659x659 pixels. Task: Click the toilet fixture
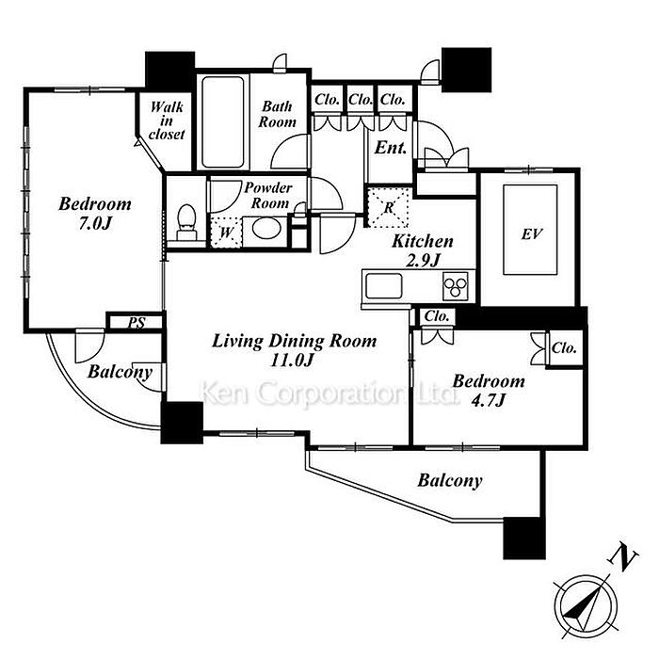[x=186, y=222]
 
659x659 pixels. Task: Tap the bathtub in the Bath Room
[x=223, y=121]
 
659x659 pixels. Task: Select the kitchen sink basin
[x=383, y=286]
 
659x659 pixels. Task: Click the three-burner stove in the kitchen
[x=456, y=286]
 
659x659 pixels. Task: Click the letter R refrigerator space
[x=389, y=208]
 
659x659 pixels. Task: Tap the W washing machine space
[x=226, y=232]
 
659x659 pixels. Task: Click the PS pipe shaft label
[x=137, y=322]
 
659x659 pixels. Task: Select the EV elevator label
[x=532, y=234]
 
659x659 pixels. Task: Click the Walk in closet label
[x=167, y=121]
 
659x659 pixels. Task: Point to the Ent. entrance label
[x=391, y=148]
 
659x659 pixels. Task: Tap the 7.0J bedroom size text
[x=95, y=224]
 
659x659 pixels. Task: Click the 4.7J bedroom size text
[x=488, y=400]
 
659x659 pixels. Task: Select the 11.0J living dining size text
[x=292, y=361]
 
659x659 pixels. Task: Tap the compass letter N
[x=623, y=558]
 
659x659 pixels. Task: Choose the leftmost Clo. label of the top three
[x=327, y=100]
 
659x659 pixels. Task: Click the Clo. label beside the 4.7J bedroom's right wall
[x=564, y=348]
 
